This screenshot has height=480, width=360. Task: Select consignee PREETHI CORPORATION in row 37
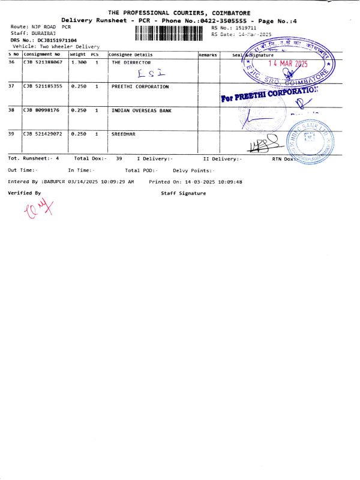(x=140, y=86)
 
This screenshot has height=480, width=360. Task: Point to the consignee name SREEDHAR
(x=124, y=134)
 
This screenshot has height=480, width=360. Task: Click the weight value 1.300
(x=79, y=62)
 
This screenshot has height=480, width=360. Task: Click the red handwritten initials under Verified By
(x=38, y=209)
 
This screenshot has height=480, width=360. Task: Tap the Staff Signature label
(x=183, y=193)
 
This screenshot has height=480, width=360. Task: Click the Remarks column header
(x=208, y=55)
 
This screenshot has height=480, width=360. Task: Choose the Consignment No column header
(x=41, y=55)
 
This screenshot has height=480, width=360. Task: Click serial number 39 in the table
(x=11, y=134)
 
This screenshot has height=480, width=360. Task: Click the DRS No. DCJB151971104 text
(x=43, y=40)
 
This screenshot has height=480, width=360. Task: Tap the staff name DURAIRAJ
(x=43, y=34)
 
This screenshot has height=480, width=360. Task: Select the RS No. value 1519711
(x=246, y=28)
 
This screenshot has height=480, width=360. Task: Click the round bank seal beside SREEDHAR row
(x=310, y=140)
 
